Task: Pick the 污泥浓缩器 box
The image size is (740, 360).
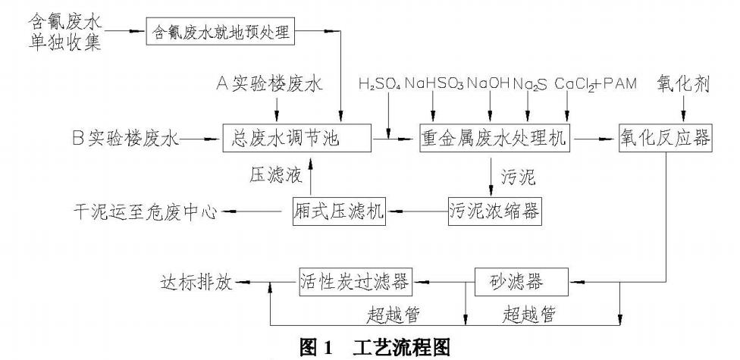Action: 495,211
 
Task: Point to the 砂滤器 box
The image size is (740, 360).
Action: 521,283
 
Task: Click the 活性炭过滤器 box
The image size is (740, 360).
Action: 356,283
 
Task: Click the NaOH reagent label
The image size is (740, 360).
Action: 488,81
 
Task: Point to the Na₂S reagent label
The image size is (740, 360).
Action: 531,81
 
